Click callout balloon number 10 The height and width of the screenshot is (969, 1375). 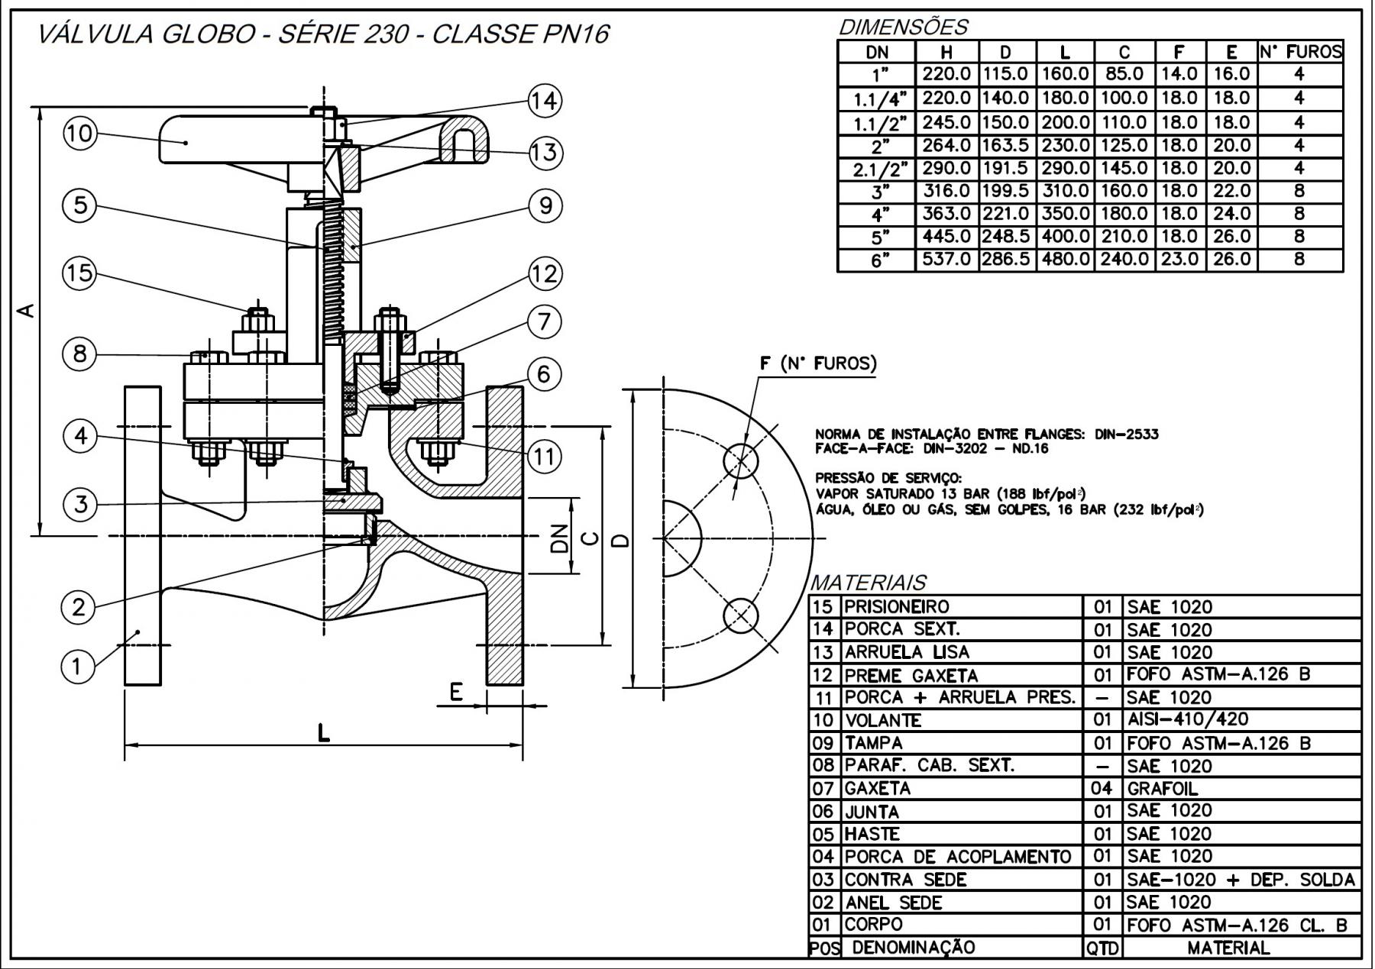pos(79,134)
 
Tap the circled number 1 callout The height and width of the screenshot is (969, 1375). pos(76,666)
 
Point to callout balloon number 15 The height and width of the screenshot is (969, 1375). pos(79,273)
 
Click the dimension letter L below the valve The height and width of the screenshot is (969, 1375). pos(324,734)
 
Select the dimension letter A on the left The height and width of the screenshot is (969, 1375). pos(26,311)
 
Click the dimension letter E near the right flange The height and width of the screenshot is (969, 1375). pos(456,692)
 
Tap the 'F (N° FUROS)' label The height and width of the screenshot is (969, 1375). pos(818,363)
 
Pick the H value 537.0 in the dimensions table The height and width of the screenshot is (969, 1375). pos(946,260)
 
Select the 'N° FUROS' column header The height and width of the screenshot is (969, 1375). pos(1300,52)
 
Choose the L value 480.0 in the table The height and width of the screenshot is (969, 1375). pos(1065,260)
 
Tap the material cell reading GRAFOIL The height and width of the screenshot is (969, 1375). pos(1163,788)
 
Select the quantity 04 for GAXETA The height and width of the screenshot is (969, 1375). pos(1102,788)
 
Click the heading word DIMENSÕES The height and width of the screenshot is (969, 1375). pos(903,27)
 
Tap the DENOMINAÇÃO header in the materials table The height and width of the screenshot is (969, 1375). pos(913,948)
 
